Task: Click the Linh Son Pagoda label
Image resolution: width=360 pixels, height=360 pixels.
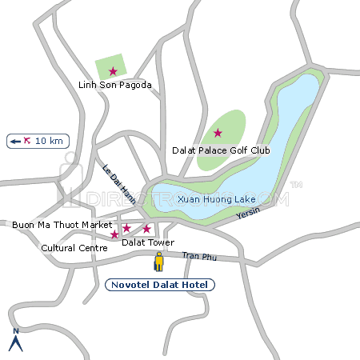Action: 114,85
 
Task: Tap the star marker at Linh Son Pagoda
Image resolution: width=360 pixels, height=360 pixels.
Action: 113,71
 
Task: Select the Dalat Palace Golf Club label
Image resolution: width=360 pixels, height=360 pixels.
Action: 222,150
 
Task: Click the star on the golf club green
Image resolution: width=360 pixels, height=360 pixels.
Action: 218,133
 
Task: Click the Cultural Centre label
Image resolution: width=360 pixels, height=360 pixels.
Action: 74,248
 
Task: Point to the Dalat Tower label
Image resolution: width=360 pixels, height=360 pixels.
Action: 147,242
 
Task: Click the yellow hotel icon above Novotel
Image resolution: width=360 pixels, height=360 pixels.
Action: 159,261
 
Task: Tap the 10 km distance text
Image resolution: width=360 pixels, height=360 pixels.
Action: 49,141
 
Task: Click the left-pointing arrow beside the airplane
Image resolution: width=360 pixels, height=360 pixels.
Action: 15,141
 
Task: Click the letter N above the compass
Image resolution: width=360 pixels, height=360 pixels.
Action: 14,331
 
